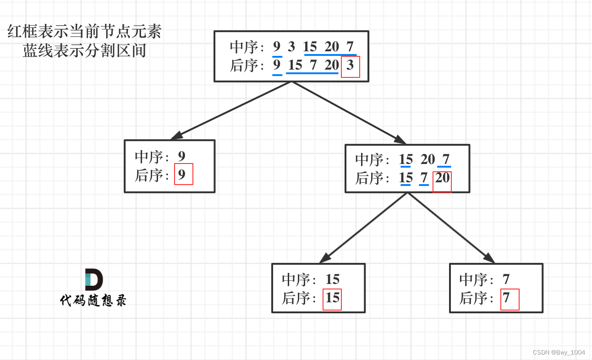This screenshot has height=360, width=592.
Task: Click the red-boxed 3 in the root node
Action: coord(351,66)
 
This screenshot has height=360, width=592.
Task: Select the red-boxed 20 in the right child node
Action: coord(442,178)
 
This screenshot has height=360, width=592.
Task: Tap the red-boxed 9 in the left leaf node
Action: coord(183,175)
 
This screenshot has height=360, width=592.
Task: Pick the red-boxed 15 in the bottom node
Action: coord(332,299)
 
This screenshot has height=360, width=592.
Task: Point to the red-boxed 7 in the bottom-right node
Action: coord(508,299)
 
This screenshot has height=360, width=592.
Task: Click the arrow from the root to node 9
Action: coord(231,110)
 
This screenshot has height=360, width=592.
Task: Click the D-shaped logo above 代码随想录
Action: coord(93,280)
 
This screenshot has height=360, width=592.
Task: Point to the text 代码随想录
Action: coord(93,300)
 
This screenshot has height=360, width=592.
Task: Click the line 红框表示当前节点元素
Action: coord(85,32)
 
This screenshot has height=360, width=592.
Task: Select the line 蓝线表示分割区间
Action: coord(85,51)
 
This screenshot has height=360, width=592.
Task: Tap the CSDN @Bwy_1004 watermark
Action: coord(559,352)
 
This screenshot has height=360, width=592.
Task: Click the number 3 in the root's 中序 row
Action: coord(291,47)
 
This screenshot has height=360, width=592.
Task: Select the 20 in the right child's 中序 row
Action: coord(428,159)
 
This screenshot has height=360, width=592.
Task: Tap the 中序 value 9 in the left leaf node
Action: coord(182,156)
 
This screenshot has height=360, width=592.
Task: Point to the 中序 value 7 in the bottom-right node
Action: coord(506,279)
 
